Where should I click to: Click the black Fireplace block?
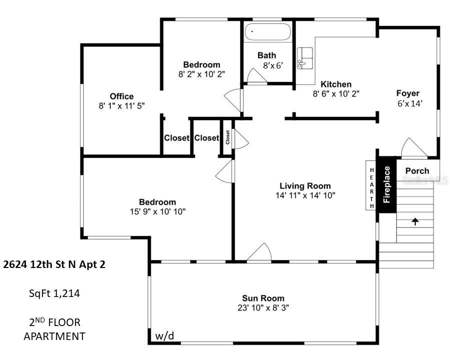tap(386, 185)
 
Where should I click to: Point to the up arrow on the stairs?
tap(414, 221)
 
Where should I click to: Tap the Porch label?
tap(417, 170)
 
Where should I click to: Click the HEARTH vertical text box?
tap(371, 188)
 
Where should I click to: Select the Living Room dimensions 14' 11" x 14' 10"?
tap(305, 195)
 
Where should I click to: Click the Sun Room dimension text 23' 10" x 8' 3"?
tap(264, 307)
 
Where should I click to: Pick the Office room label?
tap(121, 96)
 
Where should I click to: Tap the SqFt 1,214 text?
tap(54, 293)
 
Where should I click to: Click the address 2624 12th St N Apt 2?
tap(54, 264)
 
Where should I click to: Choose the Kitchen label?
tap(335, 84)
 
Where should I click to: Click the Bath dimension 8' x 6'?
tap(273, 65)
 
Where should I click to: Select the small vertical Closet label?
tap(227, 137)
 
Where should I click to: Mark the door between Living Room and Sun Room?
tap(259, 252)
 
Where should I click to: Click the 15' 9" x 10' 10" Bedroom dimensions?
tap(157, 211)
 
